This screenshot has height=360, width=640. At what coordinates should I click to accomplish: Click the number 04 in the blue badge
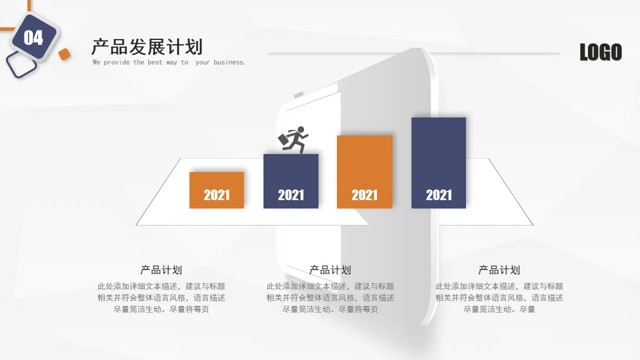(x=33, y=38)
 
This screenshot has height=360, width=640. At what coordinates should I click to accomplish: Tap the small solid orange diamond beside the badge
(x=64, y=54)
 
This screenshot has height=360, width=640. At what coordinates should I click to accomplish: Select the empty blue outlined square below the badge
(x=21, y=65)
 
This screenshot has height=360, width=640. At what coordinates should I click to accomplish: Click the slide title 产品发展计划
(x=147, y=47)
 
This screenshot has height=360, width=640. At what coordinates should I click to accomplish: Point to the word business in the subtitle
(x=229, y=62)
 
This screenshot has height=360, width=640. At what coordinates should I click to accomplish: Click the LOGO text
(x=600, y=52)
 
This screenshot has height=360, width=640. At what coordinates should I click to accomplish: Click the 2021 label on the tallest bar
(x=438, y=195)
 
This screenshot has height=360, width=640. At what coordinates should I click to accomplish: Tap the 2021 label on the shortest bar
(x=216, y=195)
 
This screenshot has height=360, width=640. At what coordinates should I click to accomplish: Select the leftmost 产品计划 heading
(x=161, y=270)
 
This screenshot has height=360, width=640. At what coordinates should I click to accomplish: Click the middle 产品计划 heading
(x=330, y=270)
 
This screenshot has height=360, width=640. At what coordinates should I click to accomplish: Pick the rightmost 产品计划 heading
(x=499, y=270)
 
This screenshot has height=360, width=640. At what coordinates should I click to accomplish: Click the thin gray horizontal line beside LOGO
(x=414, y=53)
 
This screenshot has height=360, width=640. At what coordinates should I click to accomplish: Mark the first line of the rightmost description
(x=499, y=286)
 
